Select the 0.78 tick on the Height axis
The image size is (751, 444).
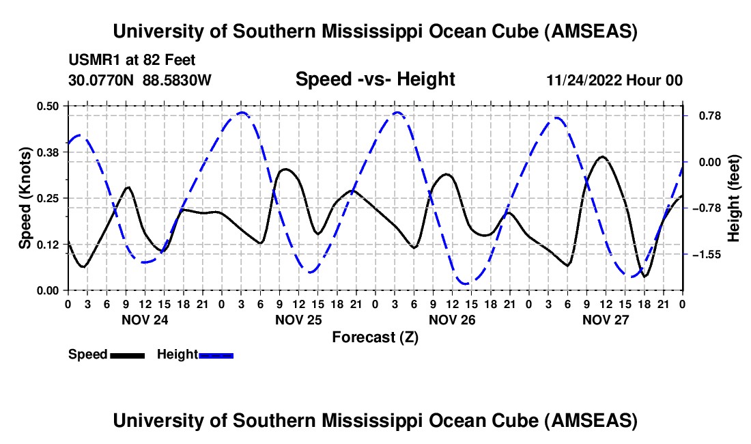(x=705, y=115)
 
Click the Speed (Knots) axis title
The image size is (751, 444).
(x=25, y=197)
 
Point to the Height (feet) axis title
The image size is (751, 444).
(x=735, y=197)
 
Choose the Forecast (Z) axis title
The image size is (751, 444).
(x=375, y=337)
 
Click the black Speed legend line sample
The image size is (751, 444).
(x=126, y=355)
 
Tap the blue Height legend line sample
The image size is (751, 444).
(x=216, y=355)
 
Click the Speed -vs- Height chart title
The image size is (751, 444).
(x=375, y=79)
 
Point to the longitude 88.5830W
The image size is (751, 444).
(x=178, y=80)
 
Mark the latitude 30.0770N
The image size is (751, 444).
(x=102, y=80)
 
